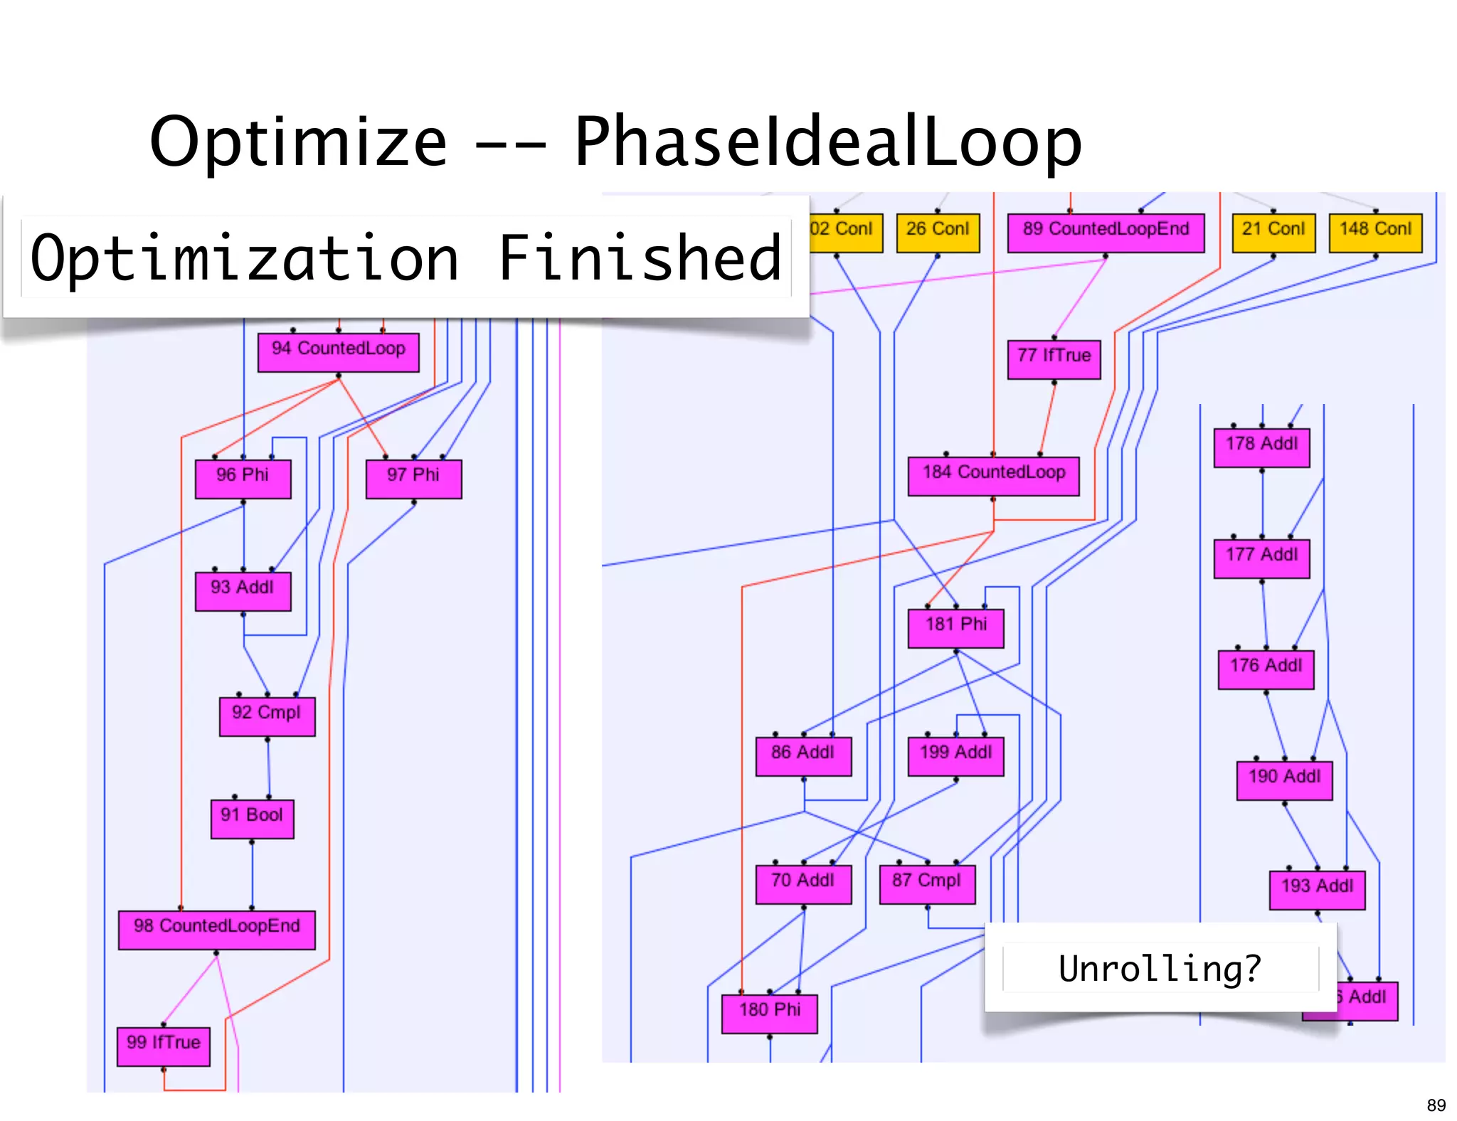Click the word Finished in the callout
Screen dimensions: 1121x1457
tap(640, 257)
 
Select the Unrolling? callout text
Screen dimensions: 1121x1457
tap(1160, 968)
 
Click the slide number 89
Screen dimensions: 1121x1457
tap(1436, 1105)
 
